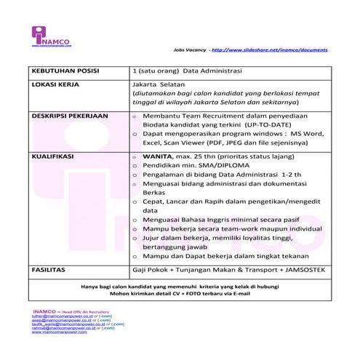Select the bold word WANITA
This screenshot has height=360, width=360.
158,156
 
